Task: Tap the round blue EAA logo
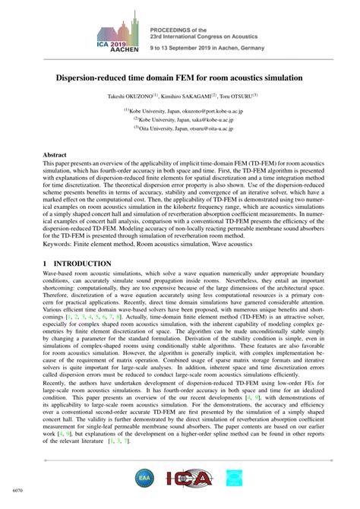[x=144, y=479]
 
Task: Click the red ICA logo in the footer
[x=182, y=479]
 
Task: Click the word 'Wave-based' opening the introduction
[x=58, y=271]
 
